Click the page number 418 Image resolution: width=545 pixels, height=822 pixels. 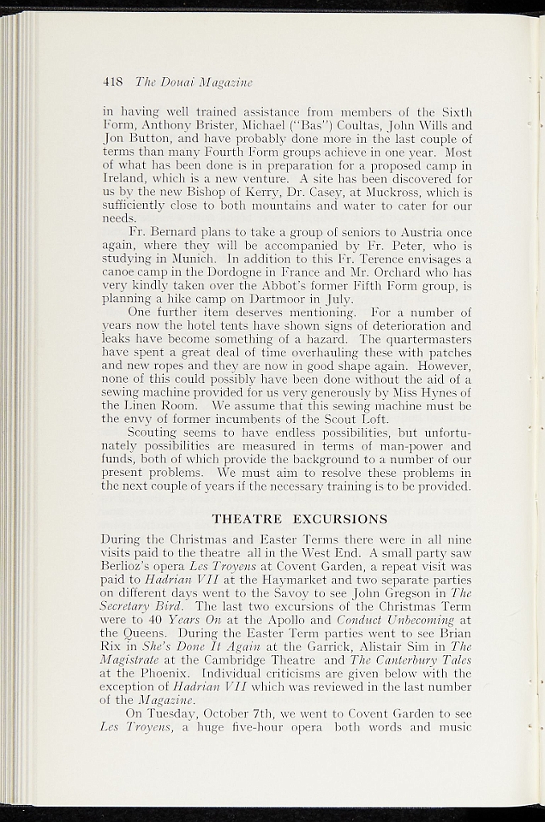coord(113,81)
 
